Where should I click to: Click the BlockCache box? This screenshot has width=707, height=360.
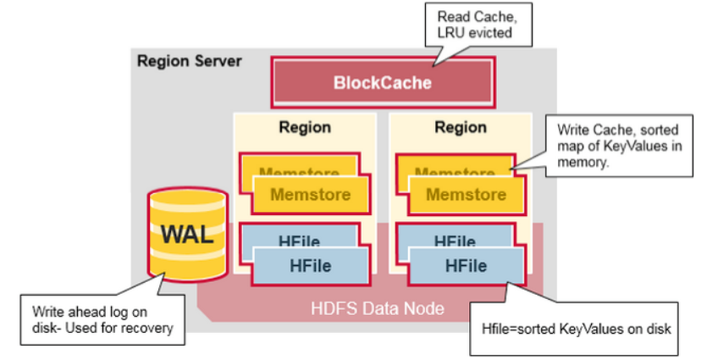click(382, 83)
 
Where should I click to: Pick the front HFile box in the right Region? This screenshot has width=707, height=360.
click(464, 267)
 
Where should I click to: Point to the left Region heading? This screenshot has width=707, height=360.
click(305, 127)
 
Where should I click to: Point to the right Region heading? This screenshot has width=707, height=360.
click(461, 127)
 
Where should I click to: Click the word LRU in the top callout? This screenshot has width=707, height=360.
click(450, 34)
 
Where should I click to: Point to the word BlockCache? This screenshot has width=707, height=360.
click(382, 83)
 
